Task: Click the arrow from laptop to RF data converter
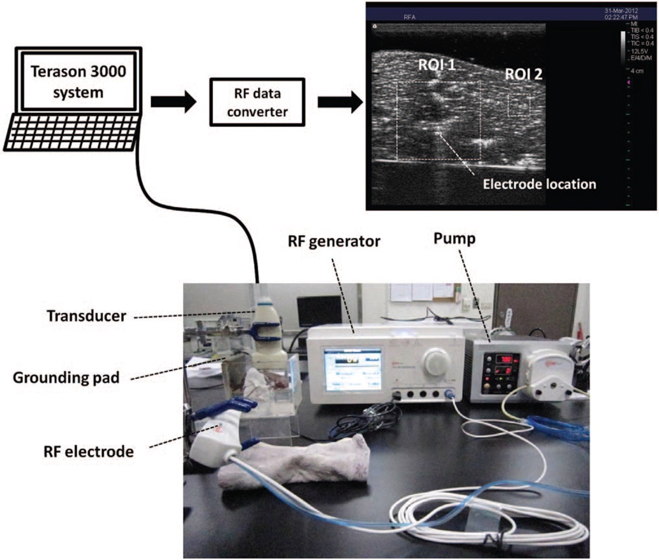click(x=173, y=102)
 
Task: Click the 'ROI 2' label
click(x=524, y=75)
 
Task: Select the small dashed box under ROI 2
click(x=518, y=104)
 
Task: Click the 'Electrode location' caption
click(x=538, y=183)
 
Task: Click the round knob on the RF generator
click(x=434, y=363)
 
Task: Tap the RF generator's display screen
click(x=352, y=369)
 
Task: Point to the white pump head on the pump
click(x=543, y=375)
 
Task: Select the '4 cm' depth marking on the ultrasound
click(x=635, y=71)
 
